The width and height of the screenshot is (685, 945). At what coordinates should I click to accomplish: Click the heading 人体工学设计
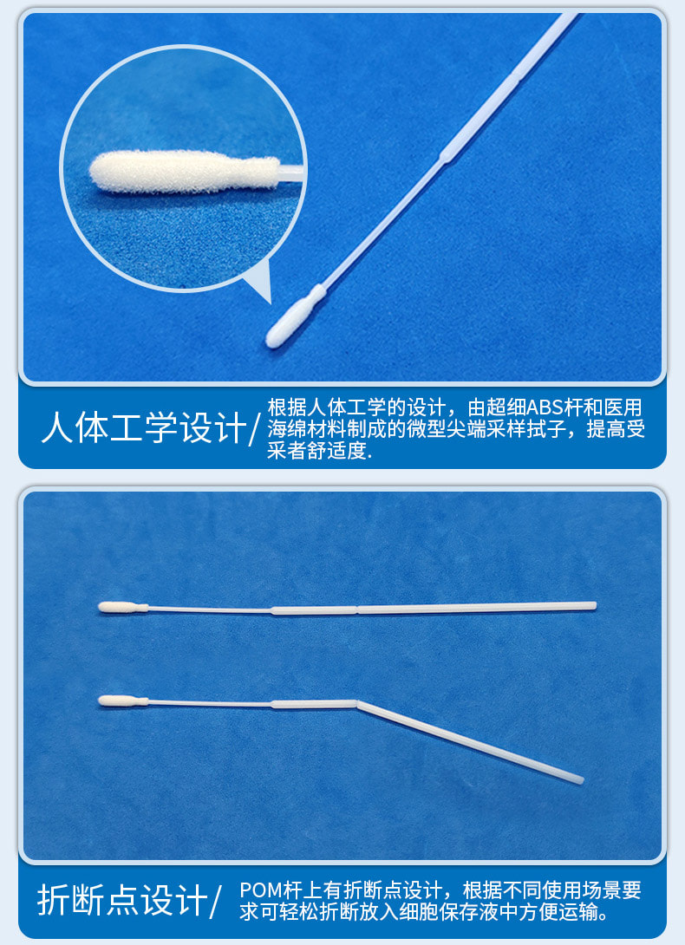click(143, 428)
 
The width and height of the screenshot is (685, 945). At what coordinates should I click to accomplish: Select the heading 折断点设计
click(121, 901)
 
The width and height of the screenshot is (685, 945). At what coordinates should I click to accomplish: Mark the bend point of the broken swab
click(357, 703)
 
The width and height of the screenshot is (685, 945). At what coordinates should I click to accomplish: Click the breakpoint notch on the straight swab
click(357, 609)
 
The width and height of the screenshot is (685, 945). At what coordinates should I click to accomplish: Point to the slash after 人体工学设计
click(255, 428)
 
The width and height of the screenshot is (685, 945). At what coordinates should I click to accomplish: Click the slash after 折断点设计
click(217, 902)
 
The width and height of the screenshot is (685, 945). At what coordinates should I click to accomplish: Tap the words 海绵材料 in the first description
click(299, 430)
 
